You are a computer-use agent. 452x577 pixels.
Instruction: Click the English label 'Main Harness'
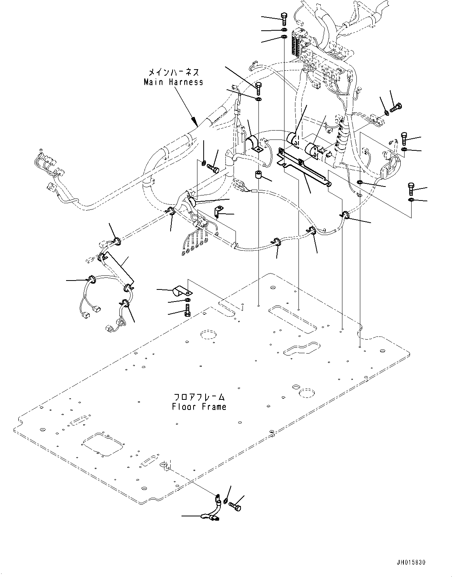173,82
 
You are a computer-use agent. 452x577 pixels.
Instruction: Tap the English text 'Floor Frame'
199,407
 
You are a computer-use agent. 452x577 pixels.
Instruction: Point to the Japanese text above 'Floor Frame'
199,397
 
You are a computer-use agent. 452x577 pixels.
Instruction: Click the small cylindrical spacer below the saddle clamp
258,174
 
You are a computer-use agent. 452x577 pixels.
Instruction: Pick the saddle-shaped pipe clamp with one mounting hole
255,143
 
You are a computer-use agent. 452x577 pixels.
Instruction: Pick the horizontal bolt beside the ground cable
235,506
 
